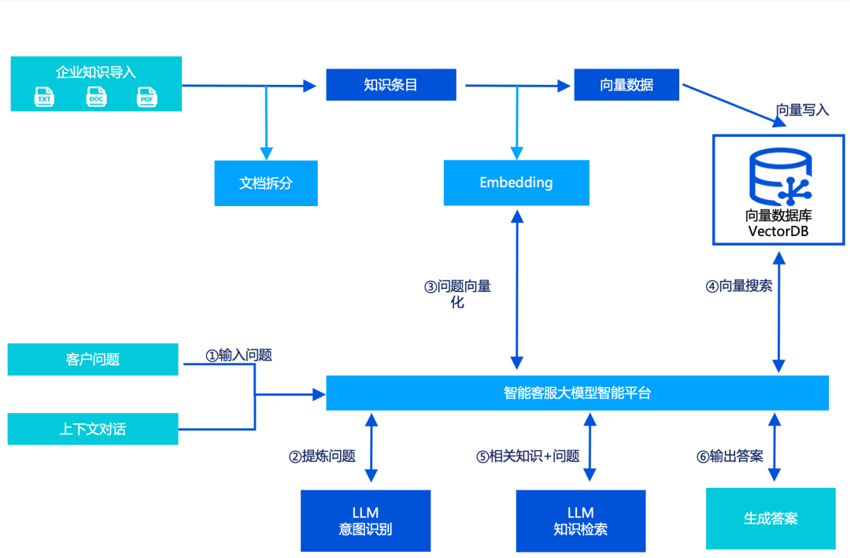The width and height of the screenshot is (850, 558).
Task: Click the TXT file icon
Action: point(44,98)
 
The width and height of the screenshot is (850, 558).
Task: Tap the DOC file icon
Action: point(95,98)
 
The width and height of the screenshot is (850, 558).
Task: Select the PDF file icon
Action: point(146,98)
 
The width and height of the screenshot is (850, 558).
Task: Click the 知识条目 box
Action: point(391,85)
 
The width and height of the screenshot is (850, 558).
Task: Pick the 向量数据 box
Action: point(626,85)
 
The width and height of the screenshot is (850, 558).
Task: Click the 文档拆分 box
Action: point(266,183)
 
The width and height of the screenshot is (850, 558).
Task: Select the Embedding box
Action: point(516,183)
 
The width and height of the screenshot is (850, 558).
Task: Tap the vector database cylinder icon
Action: point(779,178)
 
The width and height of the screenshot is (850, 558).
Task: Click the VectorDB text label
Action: point(778,231)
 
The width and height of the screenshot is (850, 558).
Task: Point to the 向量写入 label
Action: point(802,110)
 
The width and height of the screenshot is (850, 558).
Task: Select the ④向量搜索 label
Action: point(738,286)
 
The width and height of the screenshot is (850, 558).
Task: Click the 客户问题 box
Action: point(93,360)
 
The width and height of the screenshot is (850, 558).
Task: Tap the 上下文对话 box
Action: point(93,429)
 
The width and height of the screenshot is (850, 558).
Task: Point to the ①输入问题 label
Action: point(238,355)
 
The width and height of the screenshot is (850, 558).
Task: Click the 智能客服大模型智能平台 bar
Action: point(577,393)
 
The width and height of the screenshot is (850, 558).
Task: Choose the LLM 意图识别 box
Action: point(365,520)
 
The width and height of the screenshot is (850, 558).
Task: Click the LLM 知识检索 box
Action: point(581,520)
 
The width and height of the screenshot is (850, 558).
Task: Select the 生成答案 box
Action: point(771,519)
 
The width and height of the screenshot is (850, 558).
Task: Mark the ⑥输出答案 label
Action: point(730,456)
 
